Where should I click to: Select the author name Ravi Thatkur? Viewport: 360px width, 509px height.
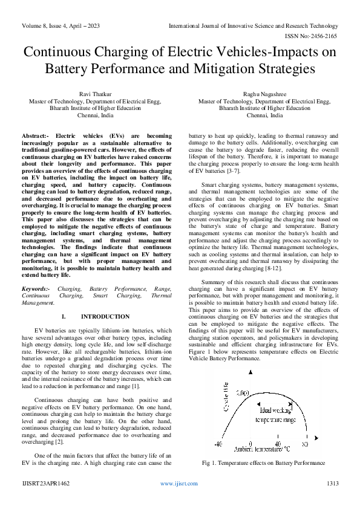[x=95, y=94]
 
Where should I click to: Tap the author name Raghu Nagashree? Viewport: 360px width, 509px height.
[x=264, y=94]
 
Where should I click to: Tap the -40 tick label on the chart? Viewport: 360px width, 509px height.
[x=218, y=443]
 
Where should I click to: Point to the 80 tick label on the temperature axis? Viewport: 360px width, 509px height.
[x=304, y=443]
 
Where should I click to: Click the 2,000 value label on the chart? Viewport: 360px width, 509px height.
[x=242, y=394]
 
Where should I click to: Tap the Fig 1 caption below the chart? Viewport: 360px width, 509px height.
[x=263, y=463]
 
